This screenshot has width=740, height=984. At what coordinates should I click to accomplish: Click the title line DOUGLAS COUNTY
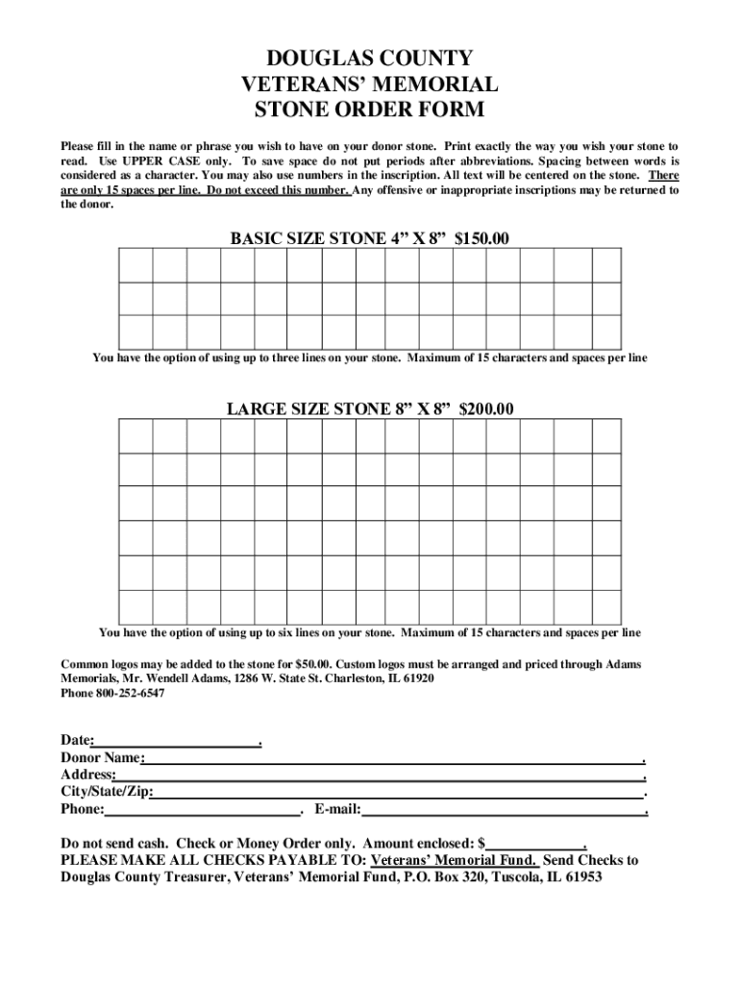click(370, 59)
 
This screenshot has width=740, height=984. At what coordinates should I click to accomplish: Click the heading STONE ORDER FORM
click(370, 110)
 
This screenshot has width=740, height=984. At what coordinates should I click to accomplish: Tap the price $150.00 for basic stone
click(481, 238)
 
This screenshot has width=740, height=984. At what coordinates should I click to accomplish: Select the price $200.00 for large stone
click(486, 409)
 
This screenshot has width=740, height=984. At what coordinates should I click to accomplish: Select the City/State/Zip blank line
click(397, 793)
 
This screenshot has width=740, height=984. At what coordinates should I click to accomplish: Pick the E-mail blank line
click(502, 810)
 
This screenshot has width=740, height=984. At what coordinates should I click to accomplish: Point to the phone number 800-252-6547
click(130, 693)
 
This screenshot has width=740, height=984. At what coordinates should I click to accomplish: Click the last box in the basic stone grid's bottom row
click(605, 331)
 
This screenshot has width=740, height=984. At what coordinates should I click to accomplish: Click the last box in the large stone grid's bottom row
click(605, 606)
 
